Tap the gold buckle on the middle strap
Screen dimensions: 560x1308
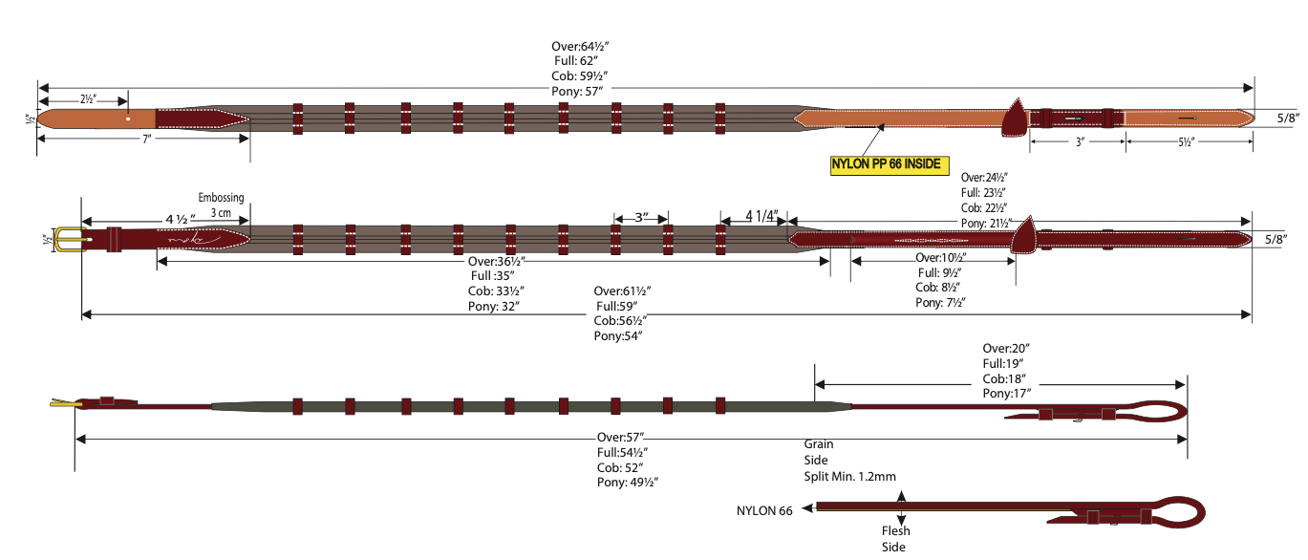click(x=66, y=239)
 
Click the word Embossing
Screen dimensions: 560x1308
click(x=221, y=198)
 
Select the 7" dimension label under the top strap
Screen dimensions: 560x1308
click(x=146, y=140)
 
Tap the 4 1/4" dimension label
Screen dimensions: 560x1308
click(x=761, y=216)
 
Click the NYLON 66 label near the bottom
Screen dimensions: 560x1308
click(x=764, y=510)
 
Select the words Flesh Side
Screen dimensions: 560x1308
click(x=895, y=539)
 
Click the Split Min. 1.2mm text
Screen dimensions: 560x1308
click(x=850, y=476)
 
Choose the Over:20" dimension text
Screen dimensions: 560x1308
click(x=1006, y=348)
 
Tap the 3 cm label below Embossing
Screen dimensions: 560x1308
click(x=221, y=212)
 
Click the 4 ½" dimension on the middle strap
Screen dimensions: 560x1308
click(x=180, y=220)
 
